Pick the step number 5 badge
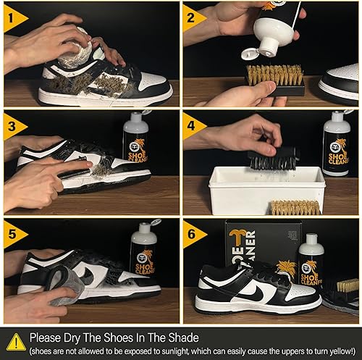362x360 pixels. (x=12, y=233)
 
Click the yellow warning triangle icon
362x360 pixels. (x=15, y=341)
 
